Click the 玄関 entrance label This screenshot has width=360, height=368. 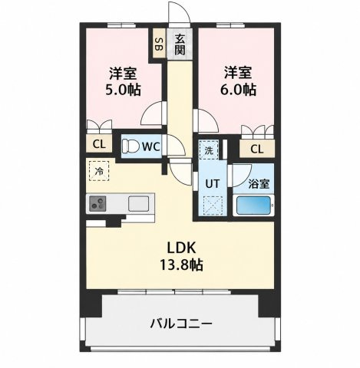click(180, 44)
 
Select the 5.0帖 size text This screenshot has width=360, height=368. click(123, 90)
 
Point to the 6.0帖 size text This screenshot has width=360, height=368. click(238, 90)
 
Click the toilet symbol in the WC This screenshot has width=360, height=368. click(130, 146)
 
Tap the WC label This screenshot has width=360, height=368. click(151, 146)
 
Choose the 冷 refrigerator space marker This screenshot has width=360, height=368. click(99, 171)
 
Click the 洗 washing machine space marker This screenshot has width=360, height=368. click(209, 150)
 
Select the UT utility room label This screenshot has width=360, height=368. click(213, 183)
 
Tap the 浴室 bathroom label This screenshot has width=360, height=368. click(259, 183)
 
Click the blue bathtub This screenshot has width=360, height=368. click(253, 205)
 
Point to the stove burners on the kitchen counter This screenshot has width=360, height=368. click(97, 203)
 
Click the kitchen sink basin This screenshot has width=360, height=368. click(138, 203)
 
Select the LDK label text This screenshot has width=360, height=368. click(181, 248)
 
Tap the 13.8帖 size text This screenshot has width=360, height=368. click(181, 264)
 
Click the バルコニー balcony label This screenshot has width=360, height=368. click(181, 324)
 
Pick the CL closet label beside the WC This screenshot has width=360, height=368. click(99, 144)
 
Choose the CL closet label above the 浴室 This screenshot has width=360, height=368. click(257, 149)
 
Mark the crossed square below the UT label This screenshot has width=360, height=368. click(213, 205)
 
